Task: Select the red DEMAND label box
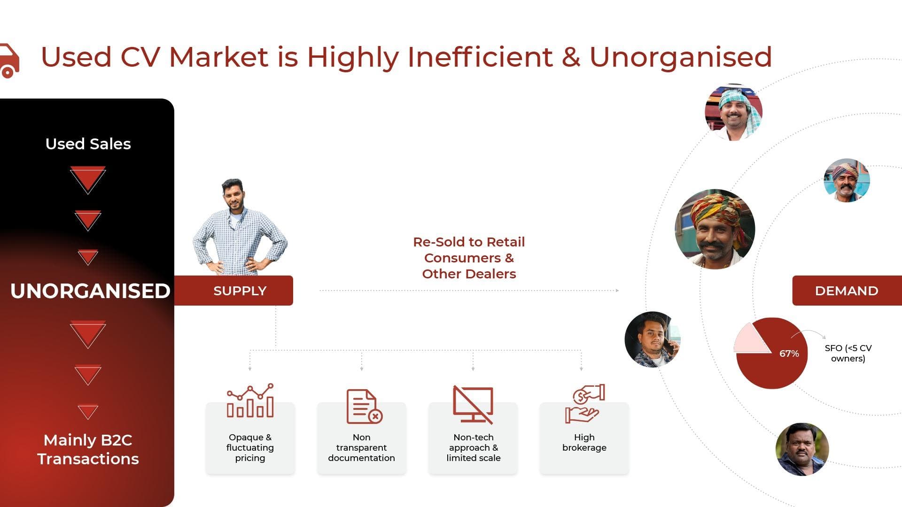tap(847, 291)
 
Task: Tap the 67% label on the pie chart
tap(789, 353)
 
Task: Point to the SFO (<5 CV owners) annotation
tap(848, 353)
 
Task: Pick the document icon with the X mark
tap(364, 407)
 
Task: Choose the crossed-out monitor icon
tap(473, 405)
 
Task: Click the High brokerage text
tap(584, 442)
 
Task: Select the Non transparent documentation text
tap(361, 447)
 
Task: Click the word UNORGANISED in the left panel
tap(90, 291)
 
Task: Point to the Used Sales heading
tap(88, 144)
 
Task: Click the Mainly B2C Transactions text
tap(88, 449)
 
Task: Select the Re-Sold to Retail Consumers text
tap(469, 250)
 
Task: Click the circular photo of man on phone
tap(653, 339)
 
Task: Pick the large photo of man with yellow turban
tap(715, 229)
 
